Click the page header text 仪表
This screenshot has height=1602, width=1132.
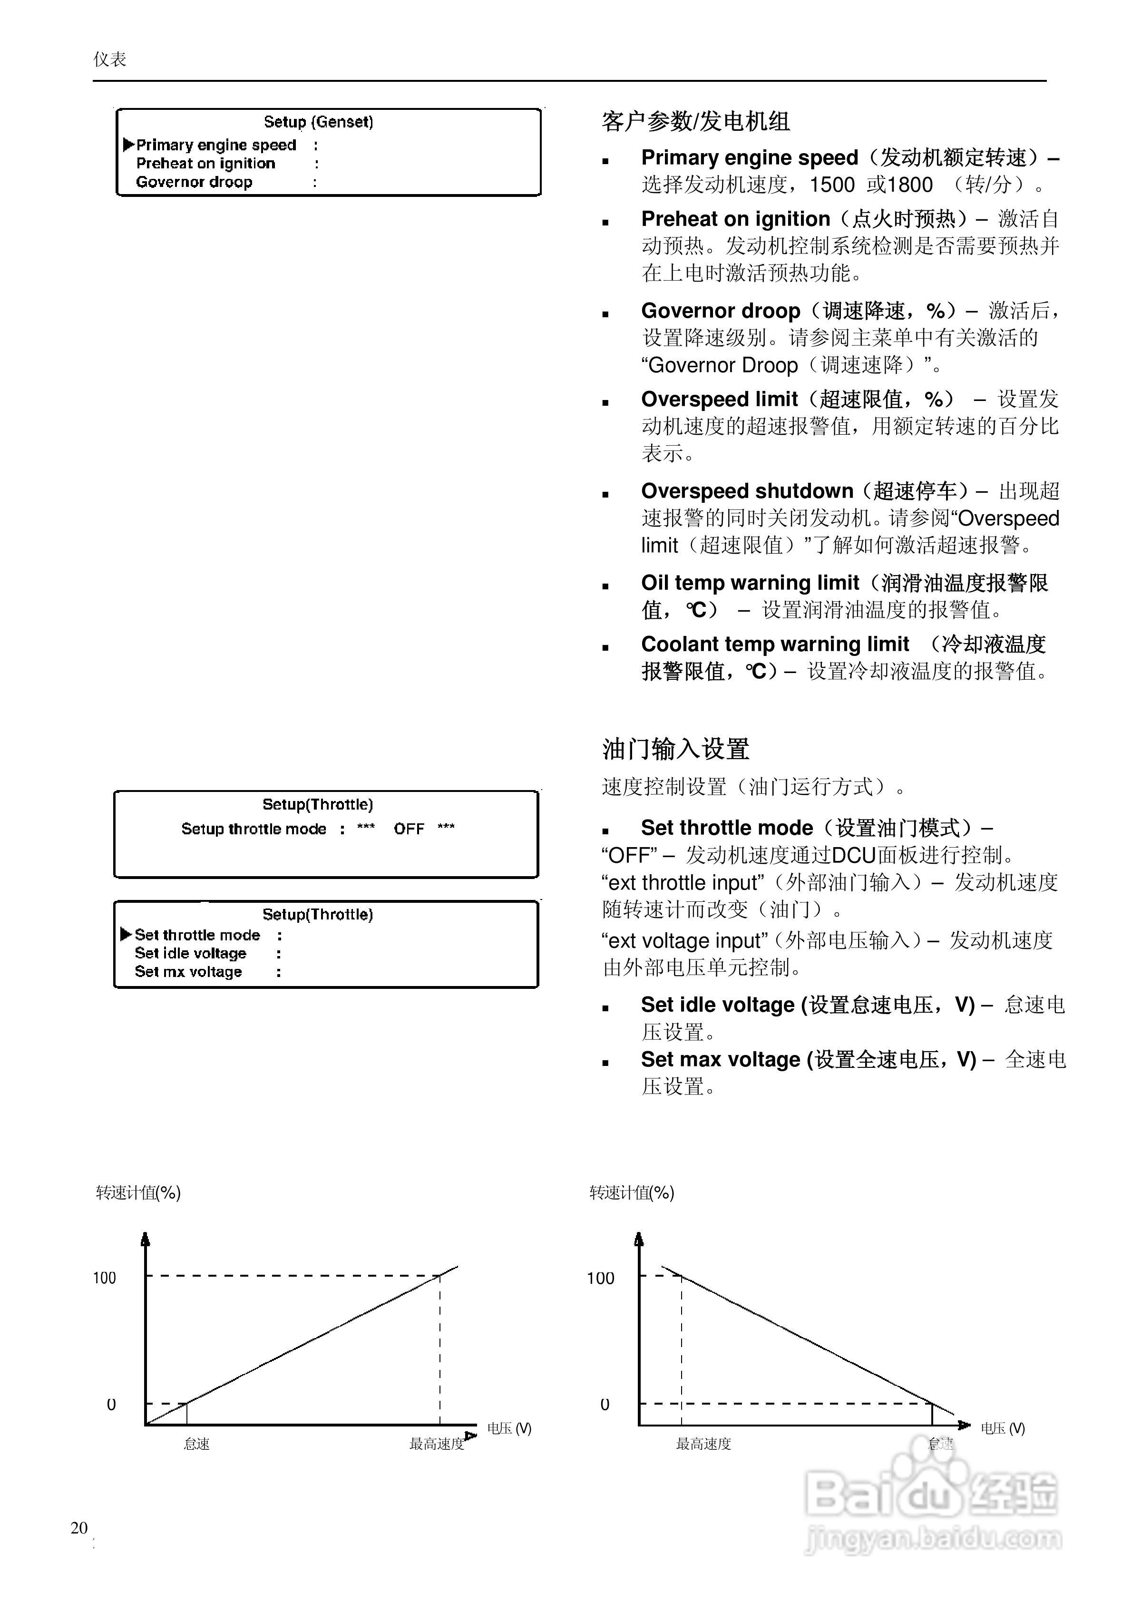click(x=109, y=59)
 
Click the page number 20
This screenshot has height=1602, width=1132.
click(x=79, y=1527)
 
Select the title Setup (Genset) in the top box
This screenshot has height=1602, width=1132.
click(x=318, y=122)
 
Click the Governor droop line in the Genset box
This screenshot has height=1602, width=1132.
click(x=194, y=182)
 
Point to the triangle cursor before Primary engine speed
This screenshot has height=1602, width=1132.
click(x=128, y=145)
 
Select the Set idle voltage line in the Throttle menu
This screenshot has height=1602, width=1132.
click(x=191, y=953)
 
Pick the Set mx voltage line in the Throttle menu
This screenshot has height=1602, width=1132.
click(x=188, y=972)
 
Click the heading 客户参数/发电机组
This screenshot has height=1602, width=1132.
click(x=696, y=122)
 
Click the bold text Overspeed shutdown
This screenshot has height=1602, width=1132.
click(x=747, y=491)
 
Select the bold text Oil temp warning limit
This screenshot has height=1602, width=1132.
click(x=750, y=583)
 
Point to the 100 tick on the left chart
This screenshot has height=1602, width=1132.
click(x=105, y=1278)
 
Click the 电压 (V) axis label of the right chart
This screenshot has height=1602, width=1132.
click(x=1002, y=1428)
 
